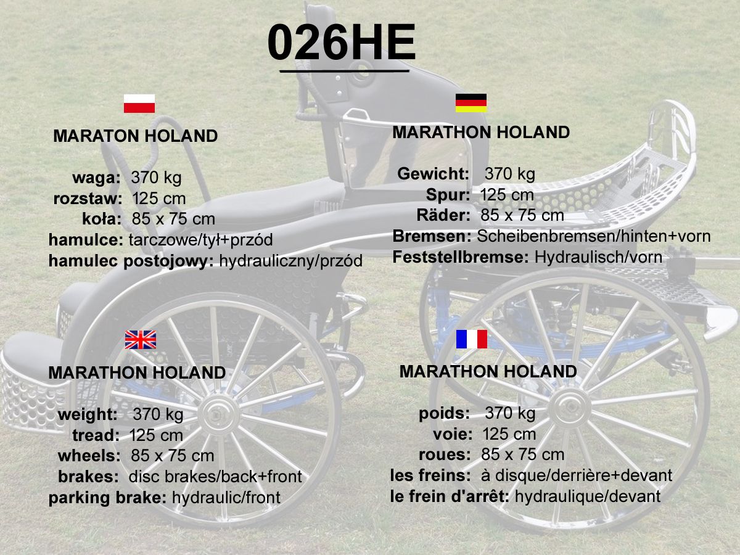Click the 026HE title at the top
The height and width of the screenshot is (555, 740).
tap(341, 42)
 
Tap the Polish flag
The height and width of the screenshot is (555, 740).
tap(139, 104)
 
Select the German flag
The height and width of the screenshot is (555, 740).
tap(471, 103)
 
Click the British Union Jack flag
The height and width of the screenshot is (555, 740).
tap(140, 340)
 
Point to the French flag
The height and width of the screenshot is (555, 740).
tap(472, 339)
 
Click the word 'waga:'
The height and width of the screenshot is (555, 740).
tap(96, 178)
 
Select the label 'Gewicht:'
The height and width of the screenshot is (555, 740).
tap(434, 174)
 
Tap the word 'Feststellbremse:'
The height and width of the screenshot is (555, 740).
tap(461, 257)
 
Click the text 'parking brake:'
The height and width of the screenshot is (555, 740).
tap(107, 498)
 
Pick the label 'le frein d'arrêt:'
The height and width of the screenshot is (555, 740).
tap(450, 496)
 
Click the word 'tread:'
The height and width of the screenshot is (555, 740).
tap(96, 435)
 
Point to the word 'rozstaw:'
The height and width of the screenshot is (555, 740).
tap(88, 199)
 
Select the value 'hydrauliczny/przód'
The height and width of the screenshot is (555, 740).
tap(291, 261)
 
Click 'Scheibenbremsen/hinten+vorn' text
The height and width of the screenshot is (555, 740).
tap(594, 236)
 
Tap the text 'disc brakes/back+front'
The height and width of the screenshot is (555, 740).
tap(215, 477)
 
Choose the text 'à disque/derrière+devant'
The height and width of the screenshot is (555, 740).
tap(577, 475)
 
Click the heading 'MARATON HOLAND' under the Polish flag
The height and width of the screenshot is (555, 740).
tap(136, 136)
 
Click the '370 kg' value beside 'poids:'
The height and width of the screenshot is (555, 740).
tap(511, 413)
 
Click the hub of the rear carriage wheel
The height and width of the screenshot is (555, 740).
tap(219, 415)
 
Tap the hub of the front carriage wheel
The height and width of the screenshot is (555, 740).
tap(570, 408)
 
